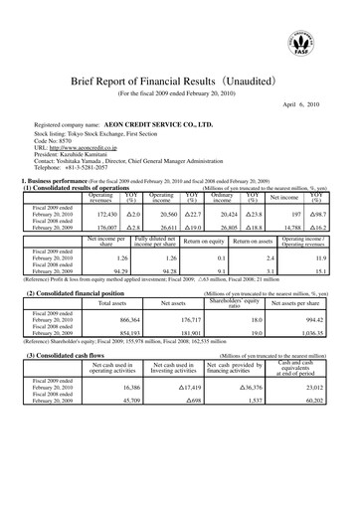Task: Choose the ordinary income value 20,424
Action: pos(235,213)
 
